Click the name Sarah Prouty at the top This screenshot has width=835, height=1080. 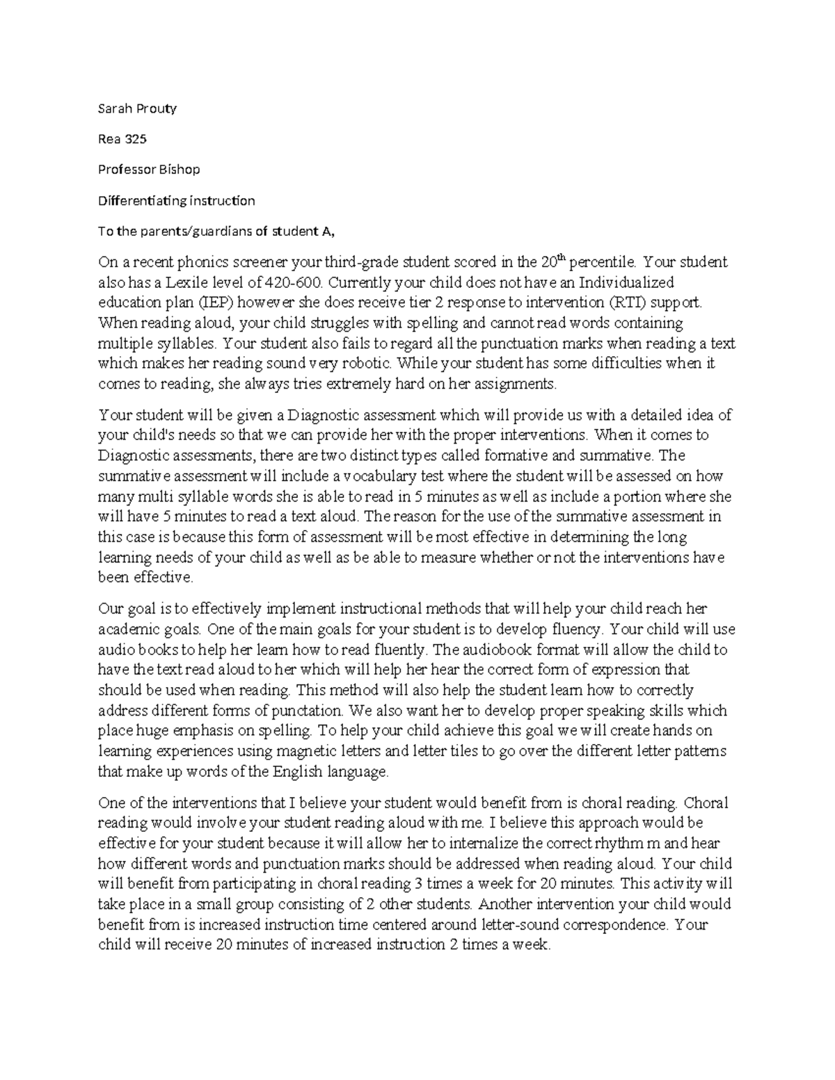tap(137, 108)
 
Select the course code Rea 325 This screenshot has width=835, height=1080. tap(122, 139)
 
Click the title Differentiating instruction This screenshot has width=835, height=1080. tap(177, 201)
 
